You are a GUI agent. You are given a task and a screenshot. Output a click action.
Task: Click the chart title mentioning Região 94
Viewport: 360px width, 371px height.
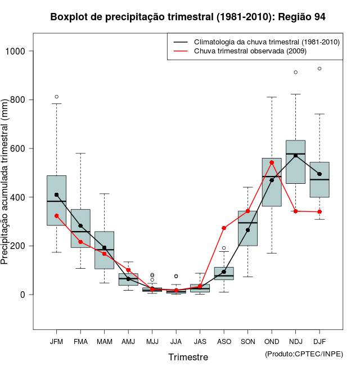click(188, 17)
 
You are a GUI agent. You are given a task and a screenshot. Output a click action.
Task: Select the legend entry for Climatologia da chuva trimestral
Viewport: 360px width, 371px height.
click(266, 42)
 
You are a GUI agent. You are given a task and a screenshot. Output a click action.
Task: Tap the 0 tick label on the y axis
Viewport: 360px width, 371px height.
click(25, 295)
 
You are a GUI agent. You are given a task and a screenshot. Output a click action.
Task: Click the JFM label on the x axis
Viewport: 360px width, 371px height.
click(56, 342)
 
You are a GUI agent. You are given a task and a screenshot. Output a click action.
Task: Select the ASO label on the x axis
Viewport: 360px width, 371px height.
click(224, 342)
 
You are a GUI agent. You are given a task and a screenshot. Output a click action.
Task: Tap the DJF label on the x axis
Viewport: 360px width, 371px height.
click(319, 342)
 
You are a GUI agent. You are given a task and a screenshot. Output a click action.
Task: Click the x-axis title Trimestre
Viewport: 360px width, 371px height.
click(188, 357)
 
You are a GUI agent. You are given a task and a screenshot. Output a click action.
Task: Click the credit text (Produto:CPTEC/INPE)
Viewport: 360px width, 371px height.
click(304, 354)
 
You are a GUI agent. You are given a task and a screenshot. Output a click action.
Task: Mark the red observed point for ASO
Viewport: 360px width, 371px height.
click(224, 228)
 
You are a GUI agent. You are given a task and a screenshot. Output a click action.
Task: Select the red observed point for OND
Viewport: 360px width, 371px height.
click(272, 162)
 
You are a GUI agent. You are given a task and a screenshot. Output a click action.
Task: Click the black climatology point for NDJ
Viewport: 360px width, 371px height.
click(295, 156)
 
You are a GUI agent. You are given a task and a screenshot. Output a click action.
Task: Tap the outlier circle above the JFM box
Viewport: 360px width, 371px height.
click(57, 97)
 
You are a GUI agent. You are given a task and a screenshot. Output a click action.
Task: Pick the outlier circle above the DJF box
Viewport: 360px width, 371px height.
click(319, 69)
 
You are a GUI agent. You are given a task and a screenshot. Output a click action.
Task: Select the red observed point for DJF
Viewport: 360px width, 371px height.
click(319, 212)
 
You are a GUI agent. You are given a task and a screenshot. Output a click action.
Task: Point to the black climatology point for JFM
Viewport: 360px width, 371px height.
click(57, 195)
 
